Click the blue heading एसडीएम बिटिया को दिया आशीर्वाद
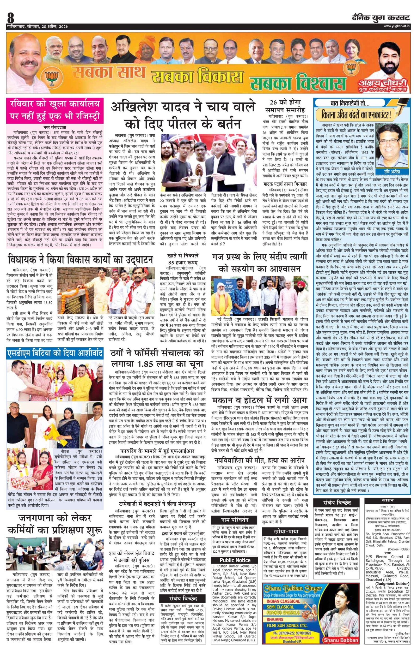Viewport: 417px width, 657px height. tap(55, 353)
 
